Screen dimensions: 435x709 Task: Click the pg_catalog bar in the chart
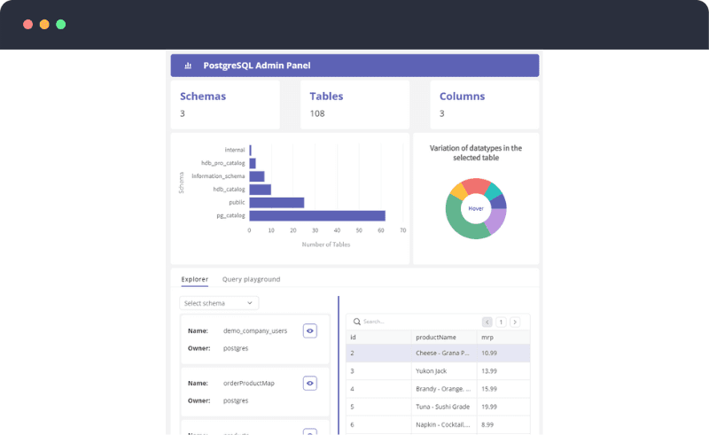pyautogui.click(x=317, y=215)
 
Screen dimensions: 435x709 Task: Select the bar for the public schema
pyautogui.click(x=277, y=202)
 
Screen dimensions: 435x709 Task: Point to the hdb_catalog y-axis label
pyautogui.click(x=229, y=190)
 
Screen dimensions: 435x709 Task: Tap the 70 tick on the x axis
pyautogui.click(x=403, y=230)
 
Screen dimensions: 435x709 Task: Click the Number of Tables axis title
pyautogui.click(x=325, y=245)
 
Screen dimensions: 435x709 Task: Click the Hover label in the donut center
pyautogui.click(x=476, y=208)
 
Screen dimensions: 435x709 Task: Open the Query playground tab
pyautogui.click(x=251, y=279)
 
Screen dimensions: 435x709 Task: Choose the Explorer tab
pyautogui.click(x=195, y=279)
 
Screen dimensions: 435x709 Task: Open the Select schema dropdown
pyautogui.click(x=219, y=303)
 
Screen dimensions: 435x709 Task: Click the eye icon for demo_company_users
pyautogui.click(x=309, y=330)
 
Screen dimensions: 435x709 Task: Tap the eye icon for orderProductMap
pyautogui.click(x=309, y=383)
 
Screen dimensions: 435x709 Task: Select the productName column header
pyautogui.click(x=435, y=338)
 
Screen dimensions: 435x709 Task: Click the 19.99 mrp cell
pyautogui.click(x=489, y=407)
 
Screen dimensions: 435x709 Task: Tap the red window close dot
pyautogui.click(x=27, y=24)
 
